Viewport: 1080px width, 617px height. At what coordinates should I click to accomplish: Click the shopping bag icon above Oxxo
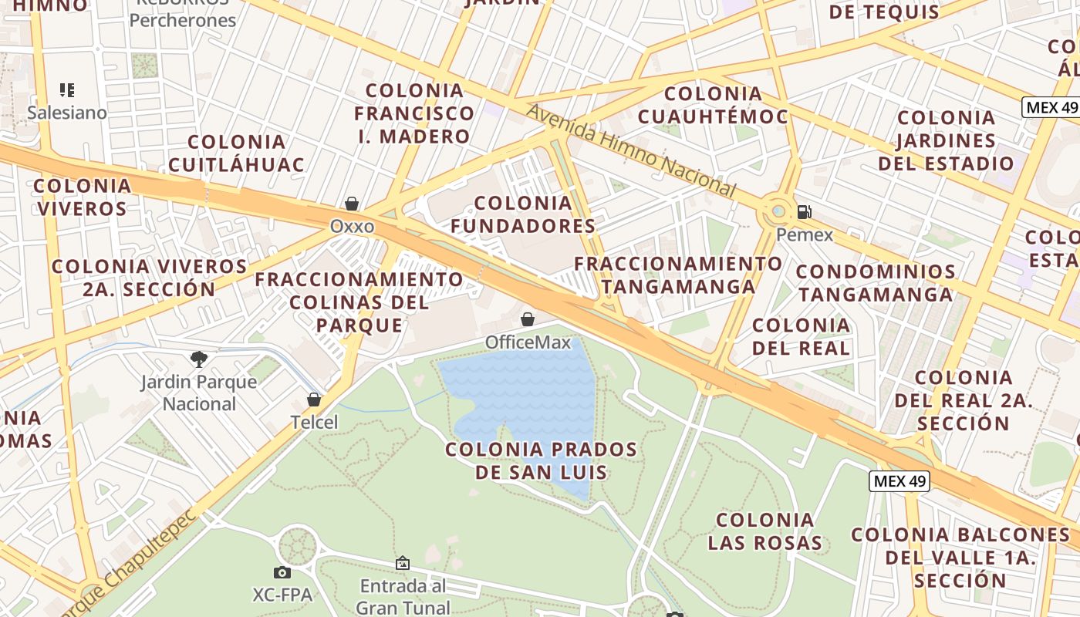coord(352,204)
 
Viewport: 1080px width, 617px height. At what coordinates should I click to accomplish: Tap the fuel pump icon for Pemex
coord(804,211)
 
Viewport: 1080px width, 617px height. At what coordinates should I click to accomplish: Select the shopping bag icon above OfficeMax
coord(528,319)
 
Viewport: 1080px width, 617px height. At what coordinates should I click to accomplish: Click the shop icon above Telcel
coord(314,399)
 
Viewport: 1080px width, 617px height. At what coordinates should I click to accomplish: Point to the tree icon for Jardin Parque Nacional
coord(199,359)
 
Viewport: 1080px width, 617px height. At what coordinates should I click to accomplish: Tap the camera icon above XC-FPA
coord(282,572)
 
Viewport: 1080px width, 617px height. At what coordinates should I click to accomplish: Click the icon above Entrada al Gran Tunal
coord(402,564)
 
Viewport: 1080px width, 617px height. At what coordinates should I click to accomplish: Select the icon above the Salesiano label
coord(67,90)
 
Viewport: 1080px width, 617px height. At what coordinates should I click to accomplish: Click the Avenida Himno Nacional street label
coord(630,150)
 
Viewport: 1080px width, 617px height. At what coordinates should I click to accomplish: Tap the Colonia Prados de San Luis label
coord(542,460)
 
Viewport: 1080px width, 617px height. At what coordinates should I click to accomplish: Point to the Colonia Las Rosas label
coord(765,531)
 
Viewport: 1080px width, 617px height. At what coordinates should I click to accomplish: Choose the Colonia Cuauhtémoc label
coord(713,105)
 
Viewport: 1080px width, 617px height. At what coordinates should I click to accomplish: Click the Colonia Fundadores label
coord(523,214)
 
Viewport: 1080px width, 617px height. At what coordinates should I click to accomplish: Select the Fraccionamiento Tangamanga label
coord(678,275)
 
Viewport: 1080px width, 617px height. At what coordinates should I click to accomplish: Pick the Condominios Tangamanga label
coord(876,283)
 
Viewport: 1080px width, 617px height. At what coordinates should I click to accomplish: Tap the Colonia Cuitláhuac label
coord(236,153)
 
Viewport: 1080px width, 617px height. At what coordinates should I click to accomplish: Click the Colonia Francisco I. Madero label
coord(414,113)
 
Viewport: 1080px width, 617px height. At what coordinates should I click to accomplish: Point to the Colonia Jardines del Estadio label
coord(946,140)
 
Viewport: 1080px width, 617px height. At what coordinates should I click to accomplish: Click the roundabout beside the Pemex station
coord(778,211)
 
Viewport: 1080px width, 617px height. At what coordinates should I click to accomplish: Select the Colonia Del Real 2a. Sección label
coord(963,400)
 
